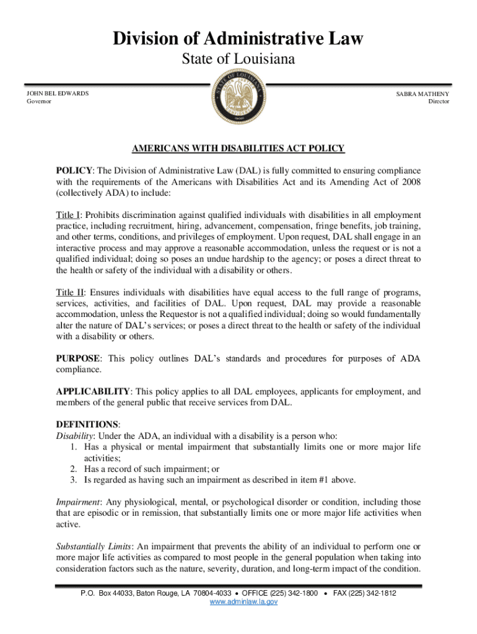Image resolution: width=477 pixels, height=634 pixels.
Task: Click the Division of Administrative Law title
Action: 238,40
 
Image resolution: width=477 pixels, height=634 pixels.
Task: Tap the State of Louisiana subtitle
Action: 238,60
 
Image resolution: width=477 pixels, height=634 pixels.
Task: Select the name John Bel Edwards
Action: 57,93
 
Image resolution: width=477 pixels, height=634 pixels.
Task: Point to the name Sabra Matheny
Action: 423,93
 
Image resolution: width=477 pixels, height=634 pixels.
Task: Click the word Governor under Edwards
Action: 39,102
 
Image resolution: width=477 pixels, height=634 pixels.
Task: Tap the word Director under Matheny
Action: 439,102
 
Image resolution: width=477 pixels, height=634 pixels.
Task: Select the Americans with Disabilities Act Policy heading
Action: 238,149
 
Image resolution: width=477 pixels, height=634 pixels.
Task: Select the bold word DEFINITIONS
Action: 87,424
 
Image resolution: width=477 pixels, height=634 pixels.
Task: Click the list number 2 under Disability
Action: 73,469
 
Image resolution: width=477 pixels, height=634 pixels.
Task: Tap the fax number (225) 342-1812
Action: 371,593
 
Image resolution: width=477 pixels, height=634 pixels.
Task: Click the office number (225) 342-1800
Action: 291,593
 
